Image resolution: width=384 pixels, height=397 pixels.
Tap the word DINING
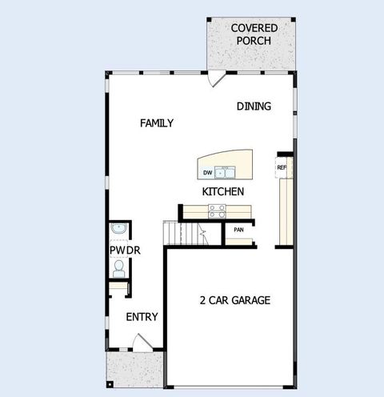254,106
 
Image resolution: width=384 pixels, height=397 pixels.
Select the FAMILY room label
157,123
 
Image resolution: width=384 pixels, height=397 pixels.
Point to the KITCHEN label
222,192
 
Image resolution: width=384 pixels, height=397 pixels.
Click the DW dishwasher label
207,173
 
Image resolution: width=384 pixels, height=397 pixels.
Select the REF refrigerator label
282,167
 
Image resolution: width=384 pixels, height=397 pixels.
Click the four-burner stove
217,211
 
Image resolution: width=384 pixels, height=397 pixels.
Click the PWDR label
124,251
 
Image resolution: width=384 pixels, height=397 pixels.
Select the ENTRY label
142,317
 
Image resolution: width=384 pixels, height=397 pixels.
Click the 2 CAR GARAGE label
234,301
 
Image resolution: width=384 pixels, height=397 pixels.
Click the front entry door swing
141,343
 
